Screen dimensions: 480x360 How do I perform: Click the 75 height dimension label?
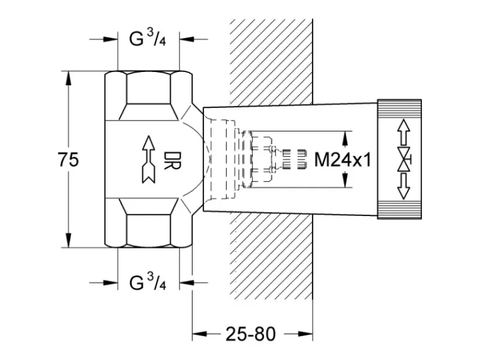pyautogui.click(x=68, y=160)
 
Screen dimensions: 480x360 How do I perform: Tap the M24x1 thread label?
pyautogui.click(x=343, y=160)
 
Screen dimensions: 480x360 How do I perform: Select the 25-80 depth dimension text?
pyautogui.click(x=251, y=334)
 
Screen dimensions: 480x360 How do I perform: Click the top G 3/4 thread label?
pyautogui.click(x=148, y=38)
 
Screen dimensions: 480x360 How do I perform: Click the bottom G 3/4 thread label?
pyautogui.click(x=148, y=282)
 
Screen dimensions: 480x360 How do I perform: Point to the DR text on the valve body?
pyautogui.click(x=172, y=160)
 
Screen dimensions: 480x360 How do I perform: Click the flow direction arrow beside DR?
pyautogui.click(x=149, y=160)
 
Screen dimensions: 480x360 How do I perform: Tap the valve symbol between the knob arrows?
pyautogui.click(x=404, y=160)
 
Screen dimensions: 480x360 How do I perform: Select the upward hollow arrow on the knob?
pyautogui.click(x=404, y=132)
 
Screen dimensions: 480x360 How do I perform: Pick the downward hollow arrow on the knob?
pyautogui.click(x=404, y=187)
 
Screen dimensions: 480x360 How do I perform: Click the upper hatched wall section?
pyautogui.click(x=271, y=61)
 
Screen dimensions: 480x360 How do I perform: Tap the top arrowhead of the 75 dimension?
pyautogui.click(x=68, y=79)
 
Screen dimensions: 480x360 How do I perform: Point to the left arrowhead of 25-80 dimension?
pyautogui.click(x=200, y=334)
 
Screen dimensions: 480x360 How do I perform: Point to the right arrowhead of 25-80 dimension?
pyautogui.click(x=305, y=334)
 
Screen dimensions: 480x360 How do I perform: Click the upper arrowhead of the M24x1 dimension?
pyautogui.click(x=345, y=139)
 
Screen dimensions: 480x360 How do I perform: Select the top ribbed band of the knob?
pyautogui.click(x=400, y=109)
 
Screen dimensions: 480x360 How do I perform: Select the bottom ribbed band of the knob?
pyautogui.click(x=400, y=210)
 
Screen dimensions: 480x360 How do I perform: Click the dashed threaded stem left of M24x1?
pyautogui.click(x=294, y=159)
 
